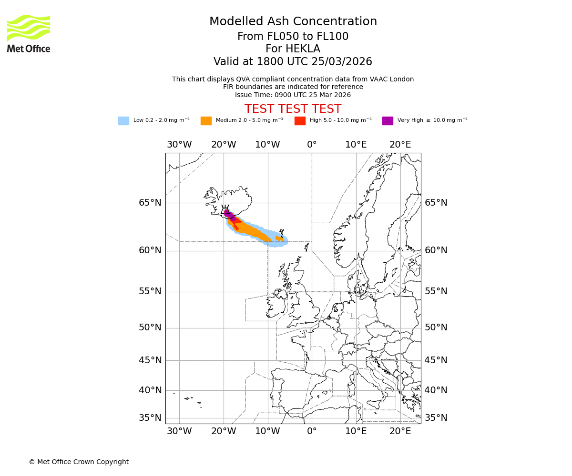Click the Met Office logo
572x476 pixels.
tap(29, 33)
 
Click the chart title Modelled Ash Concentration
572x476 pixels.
tap(293, 22)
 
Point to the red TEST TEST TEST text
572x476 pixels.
tap(293, 109)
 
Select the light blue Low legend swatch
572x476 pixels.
tap(123, 121)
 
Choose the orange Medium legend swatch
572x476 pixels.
tap(206, 121)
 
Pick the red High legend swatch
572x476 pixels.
tap(300, 121)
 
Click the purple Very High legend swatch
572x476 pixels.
tap(388, 121)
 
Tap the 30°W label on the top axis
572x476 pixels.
tap(179, 145)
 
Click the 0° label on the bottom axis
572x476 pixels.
tap(312, 431)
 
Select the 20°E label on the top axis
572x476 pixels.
tap(400, 145)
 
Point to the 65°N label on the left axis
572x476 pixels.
tap(150, 203)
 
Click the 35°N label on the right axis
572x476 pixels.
tap(436, 418)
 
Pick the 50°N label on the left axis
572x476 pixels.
tap(150, 327)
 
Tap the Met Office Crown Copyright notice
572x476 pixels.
tap(79, 462)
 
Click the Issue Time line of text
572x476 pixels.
tap(293, 95)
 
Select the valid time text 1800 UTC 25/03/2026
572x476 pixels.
tap(314, 62)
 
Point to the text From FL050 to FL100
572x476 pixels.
tap(293, 37)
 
